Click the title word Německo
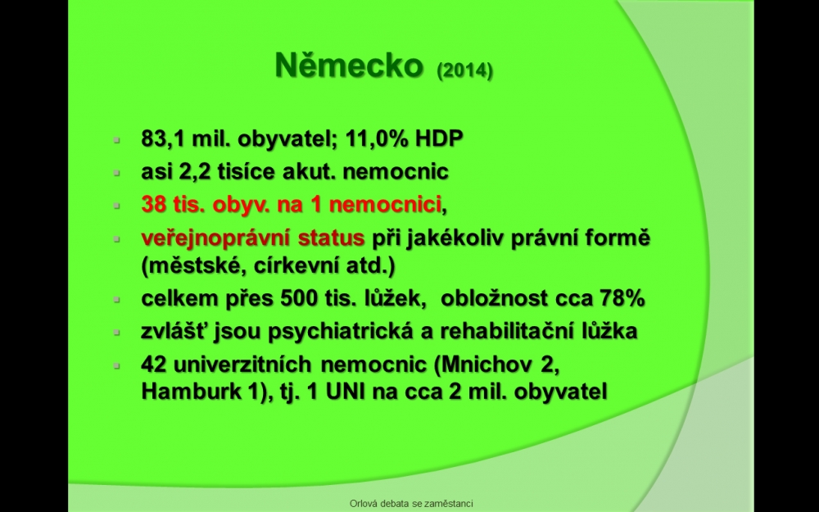click(349, 66)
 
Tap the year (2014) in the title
click(465, 70)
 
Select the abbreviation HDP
click(439, 138)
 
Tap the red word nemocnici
click(386, 204)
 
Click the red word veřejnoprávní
click(215, 238)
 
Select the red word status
click(331, 238)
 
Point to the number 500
click(299, 298)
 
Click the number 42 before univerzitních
click(154, 365)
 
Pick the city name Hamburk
click(188, 392)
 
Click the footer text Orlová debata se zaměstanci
click(412, 504)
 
